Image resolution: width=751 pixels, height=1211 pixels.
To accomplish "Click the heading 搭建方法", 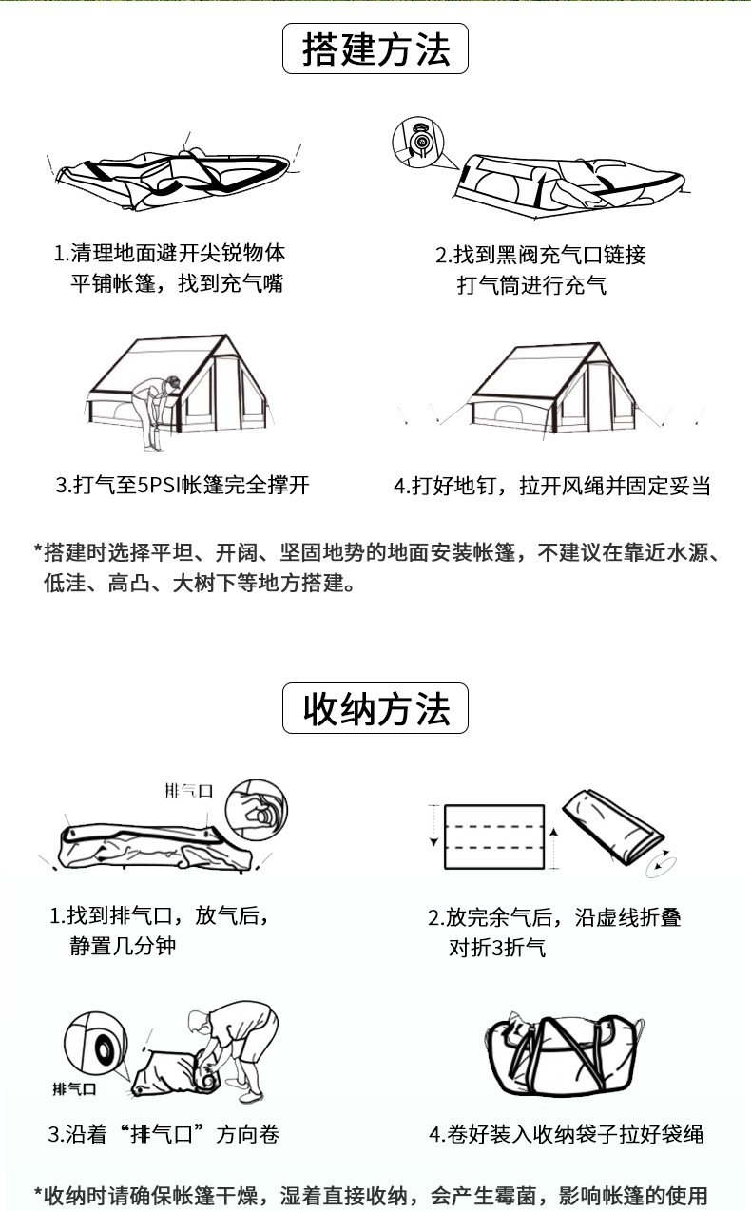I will (375, 49).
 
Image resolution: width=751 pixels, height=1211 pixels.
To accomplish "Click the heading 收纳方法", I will (375, 708).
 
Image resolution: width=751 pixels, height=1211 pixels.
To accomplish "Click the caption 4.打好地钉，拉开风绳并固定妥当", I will (552, 486).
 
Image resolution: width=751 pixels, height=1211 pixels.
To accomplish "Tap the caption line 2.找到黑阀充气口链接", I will (540, 255).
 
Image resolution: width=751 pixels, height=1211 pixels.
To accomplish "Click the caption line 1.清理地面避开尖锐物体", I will (169, 253).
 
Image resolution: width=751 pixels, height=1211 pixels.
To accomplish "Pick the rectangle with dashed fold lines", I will (494, 836).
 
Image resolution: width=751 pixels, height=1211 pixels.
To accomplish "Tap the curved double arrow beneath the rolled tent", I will (660, 860).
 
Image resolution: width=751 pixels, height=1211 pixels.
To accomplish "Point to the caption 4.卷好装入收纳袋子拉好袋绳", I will (566, 1134).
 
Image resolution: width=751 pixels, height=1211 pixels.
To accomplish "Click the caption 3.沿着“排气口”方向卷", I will (164, 1134).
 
